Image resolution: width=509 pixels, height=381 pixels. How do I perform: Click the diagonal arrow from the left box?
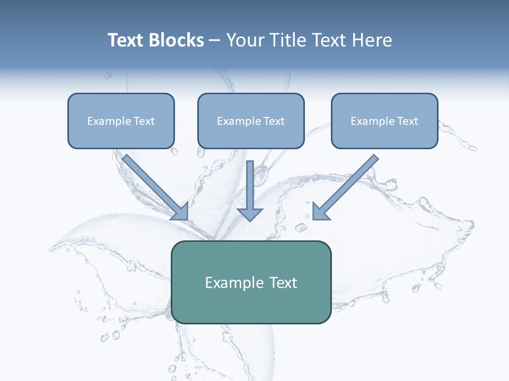pyautogui.click(x=154, y=186)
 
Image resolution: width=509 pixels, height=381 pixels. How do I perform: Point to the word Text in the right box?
pyautogui.click(x=407, y=121)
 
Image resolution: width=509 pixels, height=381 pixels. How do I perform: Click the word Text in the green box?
pyautogui.click(x=283, y=283)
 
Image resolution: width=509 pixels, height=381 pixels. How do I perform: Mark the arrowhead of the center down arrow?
pyautogui.click(x=250, y=214)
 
